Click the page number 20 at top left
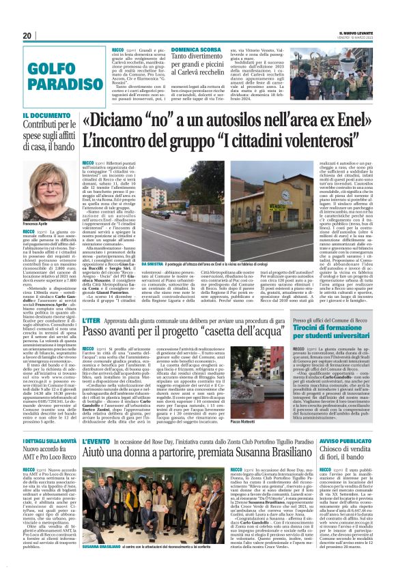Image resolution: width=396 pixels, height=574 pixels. click(x=27, y=36)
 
